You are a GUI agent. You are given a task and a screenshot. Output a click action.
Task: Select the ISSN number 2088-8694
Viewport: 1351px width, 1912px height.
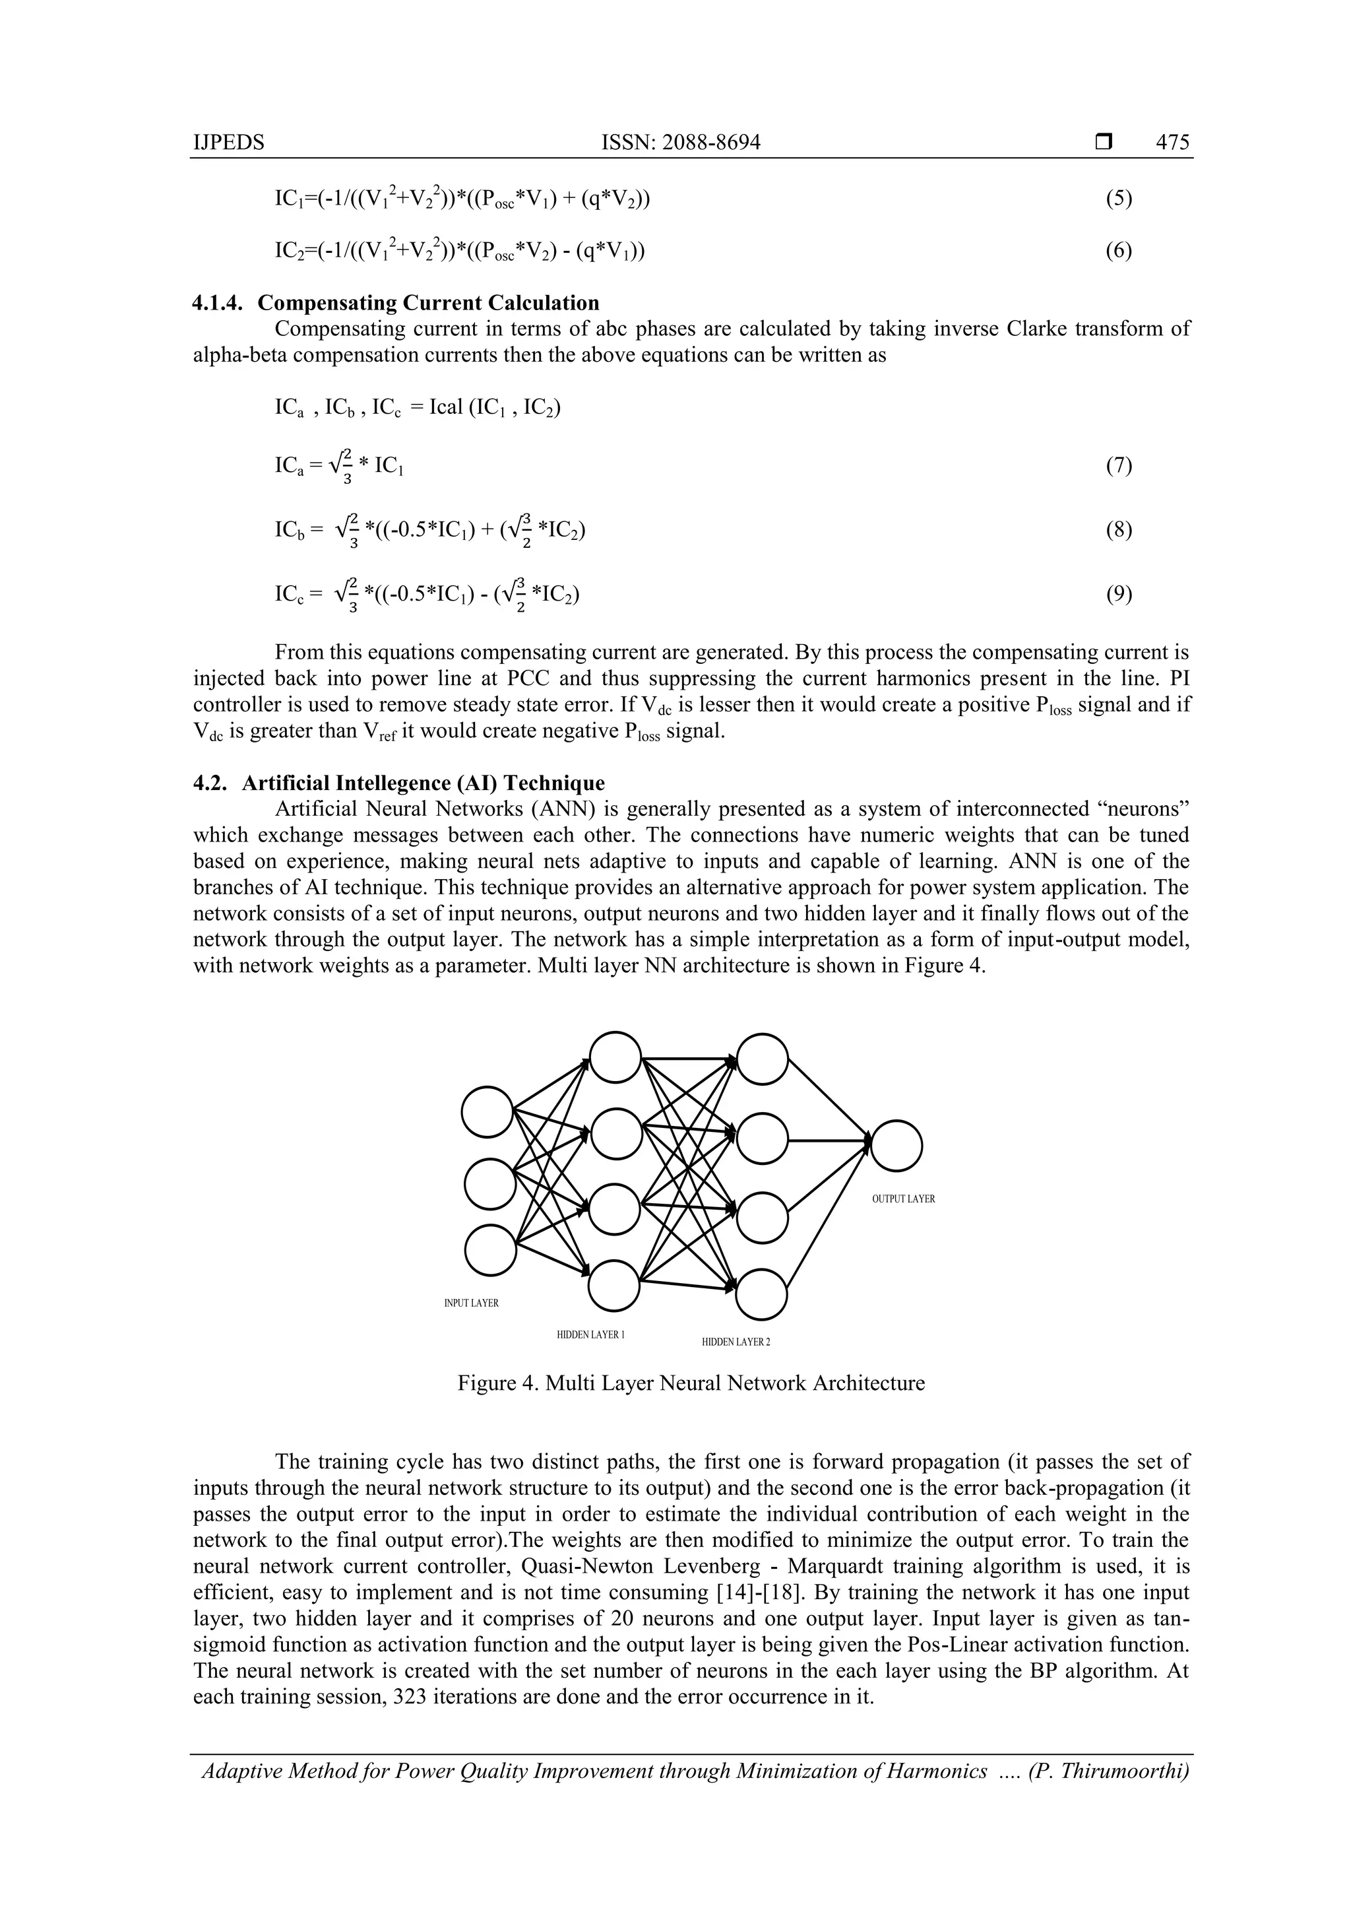click(x=712, y=143)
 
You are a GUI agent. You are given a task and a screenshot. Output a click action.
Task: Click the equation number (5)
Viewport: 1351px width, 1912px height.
click(x=1119, y=199)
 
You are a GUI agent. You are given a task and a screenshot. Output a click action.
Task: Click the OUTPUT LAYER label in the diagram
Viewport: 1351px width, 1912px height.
click(x=903, y=1199)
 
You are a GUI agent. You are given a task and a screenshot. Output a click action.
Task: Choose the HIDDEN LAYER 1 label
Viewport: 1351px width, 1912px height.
click(x=590, y=1335)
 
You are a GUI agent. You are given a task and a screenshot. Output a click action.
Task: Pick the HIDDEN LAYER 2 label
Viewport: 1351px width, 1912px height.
click(x=736, y=1342)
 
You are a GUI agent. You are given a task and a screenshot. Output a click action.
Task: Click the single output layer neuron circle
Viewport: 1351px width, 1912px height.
click(x=896, y=1146)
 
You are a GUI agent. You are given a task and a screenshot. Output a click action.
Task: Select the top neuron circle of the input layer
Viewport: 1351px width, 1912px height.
click(x=487, y=1111)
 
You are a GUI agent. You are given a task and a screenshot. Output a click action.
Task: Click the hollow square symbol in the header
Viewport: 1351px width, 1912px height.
click(x=1103, y=143)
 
